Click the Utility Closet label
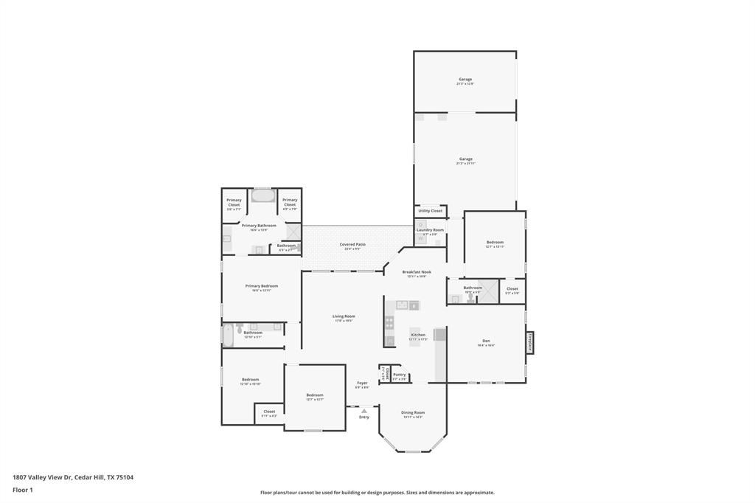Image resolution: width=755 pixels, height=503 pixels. pos(431,211)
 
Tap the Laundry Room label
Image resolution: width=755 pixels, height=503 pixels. pos(431,230)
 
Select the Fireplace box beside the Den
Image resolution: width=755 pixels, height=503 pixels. pos(529,343)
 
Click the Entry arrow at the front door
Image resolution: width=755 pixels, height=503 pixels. pos(363,411)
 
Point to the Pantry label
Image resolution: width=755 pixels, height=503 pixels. pos(399,375)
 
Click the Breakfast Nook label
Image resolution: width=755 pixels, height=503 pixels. pos(417,272)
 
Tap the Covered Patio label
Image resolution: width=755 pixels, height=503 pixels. pos(352,244)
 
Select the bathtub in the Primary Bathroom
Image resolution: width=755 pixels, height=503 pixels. pos(262,196)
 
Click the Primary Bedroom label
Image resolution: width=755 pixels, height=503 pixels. pos(261,286)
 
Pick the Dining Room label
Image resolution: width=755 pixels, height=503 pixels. pos(413,412)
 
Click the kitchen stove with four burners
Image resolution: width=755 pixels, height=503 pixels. pos(390,322)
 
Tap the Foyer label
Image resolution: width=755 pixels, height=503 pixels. pos(362,383)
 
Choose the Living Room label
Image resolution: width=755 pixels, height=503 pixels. pos(344,316)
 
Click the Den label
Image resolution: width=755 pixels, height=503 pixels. pos(486,341)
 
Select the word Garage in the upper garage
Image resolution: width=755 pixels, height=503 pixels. pos(465,79)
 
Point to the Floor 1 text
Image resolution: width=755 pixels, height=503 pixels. pos(23,490)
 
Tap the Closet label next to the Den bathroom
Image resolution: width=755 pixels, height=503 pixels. pos(512,289)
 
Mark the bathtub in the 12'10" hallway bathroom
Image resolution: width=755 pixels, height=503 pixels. pos(228,335)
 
